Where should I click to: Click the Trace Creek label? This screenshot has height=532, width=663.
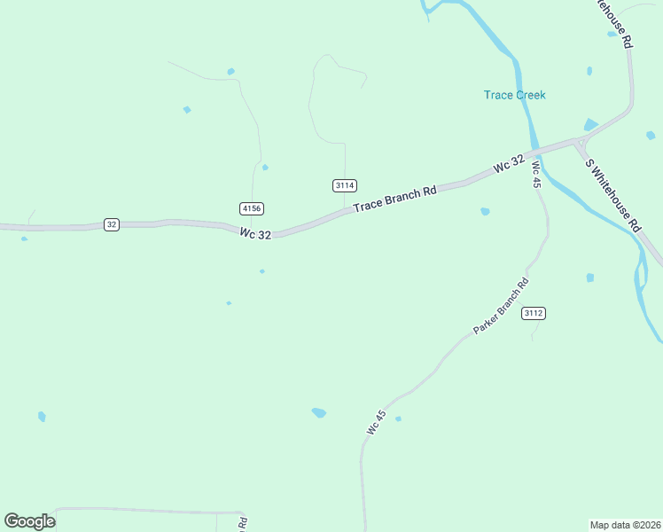coord(514,95)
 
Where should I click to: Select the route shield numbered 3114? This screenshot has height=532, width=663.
coord(345,185)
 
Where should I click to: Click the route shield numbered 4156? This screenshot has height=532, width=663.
coord(252,208)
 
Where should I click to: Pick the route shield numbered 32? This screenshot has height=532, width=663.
coord(111,224)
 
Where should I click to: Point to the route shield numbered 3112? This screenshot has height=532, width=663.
coord(533,313)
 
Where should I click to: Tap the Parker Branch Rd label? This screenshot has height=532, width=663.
coord(501,306)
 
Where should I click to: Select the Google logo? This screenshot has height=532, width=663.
coord(29,521)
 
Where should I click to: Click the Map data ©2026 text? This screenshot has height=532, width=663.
coord(624,525)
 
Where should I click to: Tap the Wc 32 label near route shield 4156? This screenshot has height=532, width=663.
coord(254,233)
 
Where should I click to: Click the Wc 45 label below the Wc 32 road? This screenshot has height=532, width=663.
coord(536,174)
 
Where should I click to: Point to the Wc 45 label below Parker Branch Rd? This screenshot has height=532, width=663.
coord(376,422)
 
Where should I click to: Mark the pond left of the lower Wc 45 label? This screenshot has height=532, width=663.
coord(319,412)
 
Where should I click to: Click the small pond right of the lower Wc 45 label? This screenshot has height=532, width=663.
coord(398,419)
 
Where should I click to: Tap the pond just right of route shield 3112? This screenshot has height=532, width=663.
coord(589,278)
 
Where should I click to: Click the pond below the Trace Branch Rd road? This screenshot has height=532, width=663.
coord(485,211)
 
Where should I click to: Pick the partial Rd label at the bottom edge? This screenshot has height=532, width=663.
coord(242,524)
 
